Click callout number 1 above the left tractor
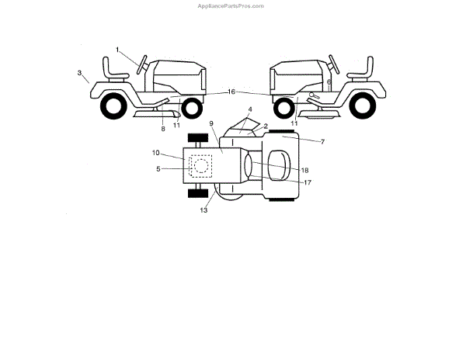[118, 50]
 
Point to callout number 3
[79, 73]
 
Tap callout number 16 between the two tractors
[231, 92]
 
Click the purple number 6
[329, 81]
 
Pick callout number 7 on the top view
[301, 143]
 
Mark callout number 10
[155, 154]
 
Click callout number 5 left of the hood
[158, 168]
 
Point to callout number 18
[304, 169]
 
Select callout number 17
[308, 182]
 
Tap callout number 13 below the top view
[204, 209]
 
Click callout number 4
[250, 109]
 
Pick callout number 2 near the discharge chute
[265, 126]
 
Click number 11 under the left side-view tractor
[176, 124]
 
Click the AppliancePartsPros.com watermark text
[232, 5]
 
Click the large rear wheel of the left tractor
[114, 106]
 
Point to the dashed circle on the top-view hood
[200, 165]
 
